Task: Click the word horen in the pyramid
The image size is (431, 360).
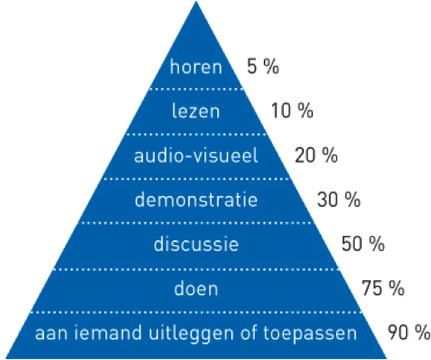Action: (196, 67)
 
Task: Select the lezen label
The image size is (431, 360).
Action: (196, 111)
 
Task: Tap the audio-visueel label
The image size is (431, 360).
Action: (196, 155)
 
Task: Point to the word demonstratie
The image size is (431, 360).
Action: (196, 200)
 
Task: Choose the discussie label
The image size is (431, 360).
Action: (196, 244)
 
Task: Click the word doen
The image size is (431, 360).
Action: (196, 288)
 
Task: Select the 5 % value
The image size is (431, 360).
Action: (263, 67)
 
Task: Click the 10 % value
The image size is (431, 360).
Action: (292, 111)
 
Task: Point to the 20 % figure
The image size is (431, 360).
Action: (316, 155)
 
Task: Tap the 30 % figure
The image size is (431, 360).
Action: (339, 200)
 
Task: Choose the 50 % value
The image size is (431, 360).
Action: (363, 244)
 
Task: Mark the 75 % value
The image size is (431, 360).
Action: (383, 288)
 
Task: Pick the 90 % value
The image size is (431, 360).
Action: (409, 332)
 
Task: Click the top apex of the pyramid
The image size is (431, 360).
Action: (196, 2)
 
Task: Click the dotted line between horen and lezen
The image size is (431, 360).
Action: (196, 89)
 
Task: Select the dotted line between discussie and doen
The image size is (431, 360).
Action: (196, 269)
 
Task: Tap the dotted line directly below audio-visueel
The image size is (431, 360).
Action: (196, 179)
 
